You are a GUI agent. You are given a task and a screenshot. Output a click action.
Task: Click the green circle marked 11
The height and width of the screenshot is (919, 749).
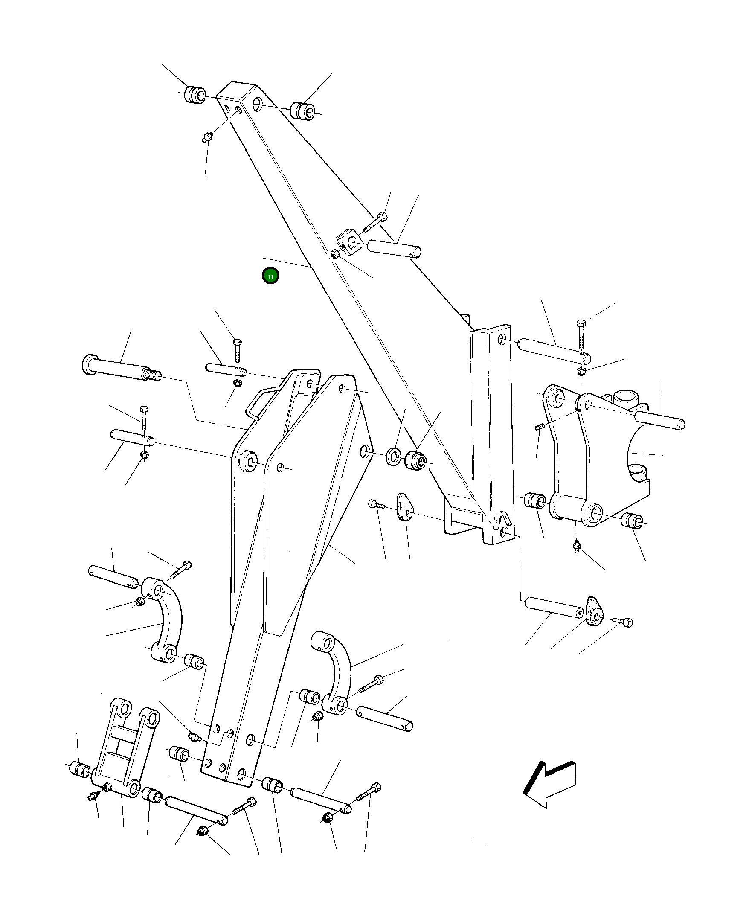click(270, 276)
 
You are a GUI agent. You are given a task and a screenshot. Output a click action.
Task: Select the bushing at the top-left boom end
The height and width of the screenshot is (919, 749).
click(195, 95)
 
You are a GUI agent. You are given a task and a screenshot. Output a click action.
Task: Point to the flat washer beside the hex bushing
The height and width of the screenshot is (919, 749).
click(393, 456)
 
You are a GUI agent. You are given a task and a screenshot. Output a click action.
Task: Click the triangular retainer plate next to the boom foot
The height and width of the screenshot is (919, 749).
click(404, 507)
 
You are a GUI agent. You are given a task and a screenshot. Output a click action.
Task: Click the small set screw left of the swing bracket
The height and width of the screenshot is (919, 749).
click(539, 427)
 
